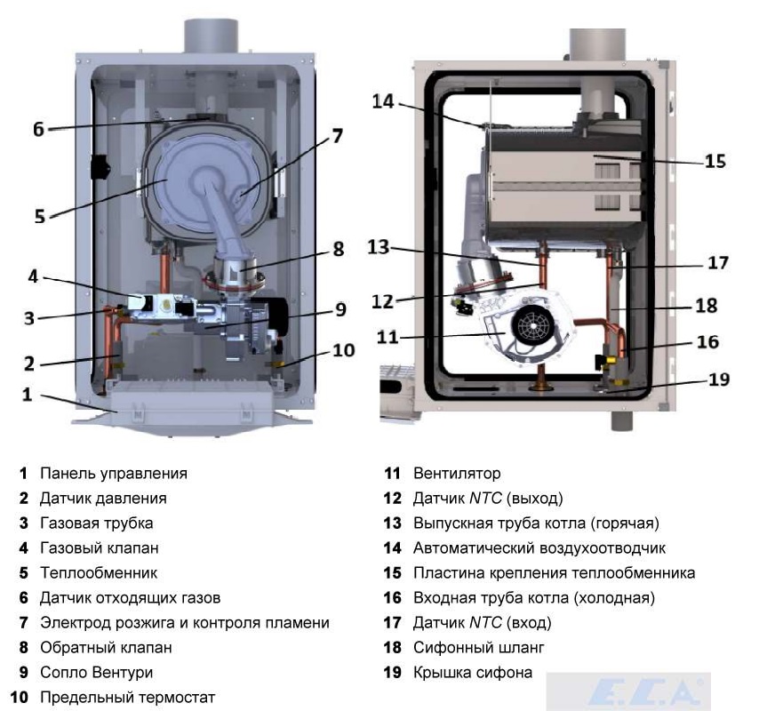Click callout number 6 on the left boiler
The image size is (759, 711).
38,129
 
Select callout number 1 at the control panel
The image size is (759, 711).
27,394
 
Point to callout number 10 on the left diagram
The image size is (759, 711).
343,350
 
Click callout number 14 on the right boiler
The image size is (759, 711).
382,101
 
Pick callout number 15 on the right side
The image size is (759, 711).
715,162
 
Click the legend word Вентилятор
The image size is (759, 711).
457,474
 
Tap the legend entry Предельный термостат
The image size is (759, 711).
127,698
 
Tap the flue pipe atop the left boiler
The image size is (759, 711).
210,36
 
